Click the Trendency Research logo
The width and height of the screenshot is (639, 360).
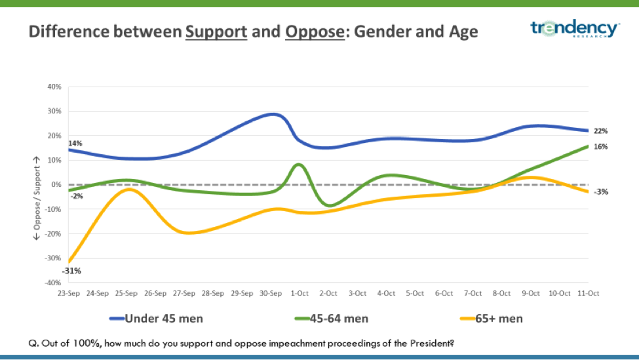(x=575, y=29)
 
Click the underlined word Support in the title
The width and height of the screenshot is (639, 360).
(x=216, y=31)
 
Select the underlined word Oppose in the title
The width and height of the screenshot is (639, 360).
(x=315, y=31)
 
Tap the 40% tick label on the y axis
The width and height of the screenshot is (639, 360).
(x=54, y=87)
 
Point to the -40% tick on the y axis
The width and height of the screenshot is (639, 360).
(x=52, y=283)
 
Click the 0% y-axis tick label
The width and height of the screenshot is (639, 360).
(x=56, y=185)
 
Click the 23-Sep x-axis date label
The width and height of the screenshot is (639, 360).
(x=68, y=293)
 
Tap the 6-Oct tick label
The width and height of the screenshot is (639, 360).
(x=444, y=293)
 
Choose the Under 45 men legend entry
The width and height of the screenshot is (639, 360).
(x=156, y=319)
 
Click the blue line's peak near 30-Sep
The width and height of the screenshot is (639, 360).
(x=275, y=114)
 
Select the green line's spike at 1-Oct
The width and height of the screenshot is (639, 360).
(x=298, y=164)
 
